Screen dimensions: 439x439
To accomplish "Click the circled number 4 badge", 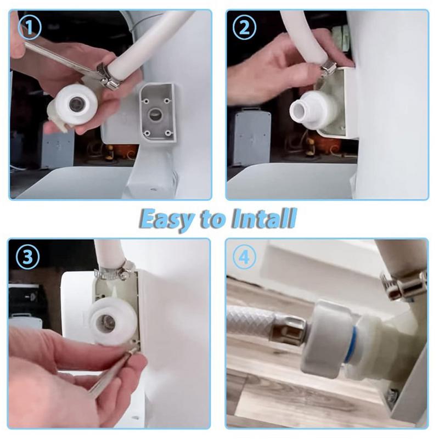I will (x=244, y=256).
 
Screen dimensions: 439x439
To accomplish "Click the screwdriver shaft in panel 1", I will (x=60, y=57).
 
